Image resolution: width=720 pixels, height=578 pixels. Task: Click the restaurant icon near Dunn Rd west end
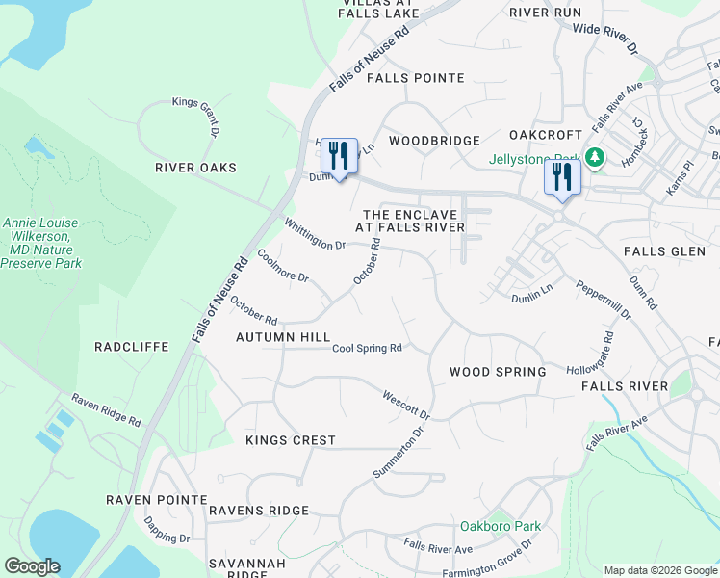[339, 155]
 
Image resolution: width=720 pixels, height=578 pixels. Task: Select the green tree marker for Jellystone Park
[596, 157]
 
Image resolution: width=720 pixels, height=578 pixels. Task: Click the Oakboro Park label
[501, 526]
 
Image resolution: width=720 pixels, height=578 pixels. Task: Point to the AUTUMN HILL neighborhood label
[283, 338]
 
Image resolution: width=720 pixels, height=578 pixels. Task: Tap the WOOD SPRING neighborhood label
[498, 372]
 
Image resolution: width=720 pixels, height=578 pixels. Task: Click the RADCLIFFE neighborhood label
[132, 347]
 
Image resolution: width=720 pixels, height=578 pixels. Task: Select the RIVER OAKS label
[195, 168]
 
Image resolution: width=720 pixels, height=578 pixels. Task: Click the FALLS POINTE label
[415, 78]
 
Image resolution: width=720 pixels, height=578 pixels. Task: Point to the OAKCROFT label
[546, 136]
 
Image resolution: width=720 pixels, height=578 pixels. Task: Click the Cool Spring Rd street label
[367, 349]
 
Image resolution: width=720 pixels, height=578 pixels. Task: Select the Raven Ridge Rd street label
[107, 409]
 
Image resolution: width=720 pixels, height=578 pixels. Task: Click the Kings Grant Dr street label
[197, 116]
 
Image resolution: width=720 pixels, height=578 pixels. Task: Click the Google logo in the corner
[32, 565]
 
